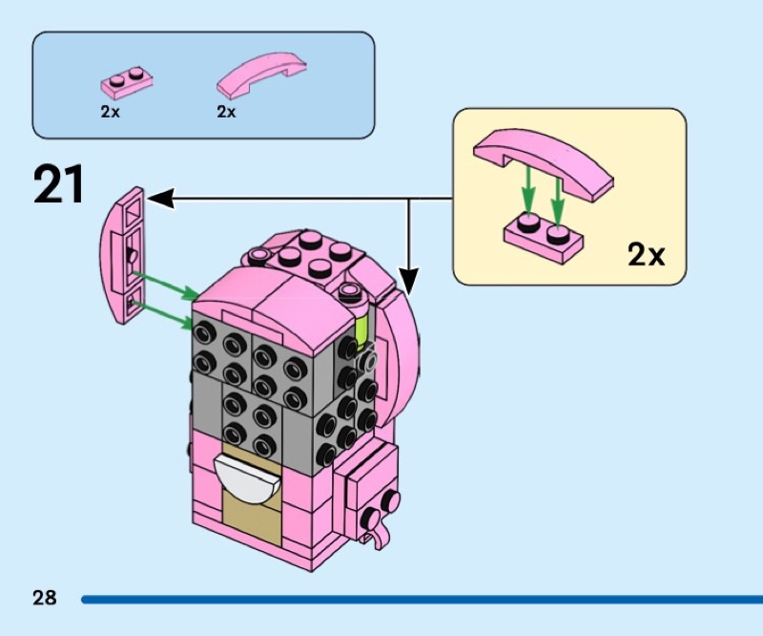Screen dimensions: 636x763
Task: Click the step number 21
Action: click(x=59, y=184)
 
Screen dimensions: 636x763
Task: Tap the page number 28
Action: click(x=44, y=599)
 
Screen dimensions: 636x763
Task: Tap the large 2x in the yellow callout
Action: click(x=646, y=255)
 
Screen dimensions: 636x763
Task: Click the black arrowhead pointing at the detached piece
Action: click(x=158, y=199)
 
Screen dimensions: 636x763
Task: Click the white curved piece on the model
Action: click(x=245, y=475)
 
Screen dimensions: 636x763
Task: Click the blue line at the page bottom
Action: click(x=420, y=600)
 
